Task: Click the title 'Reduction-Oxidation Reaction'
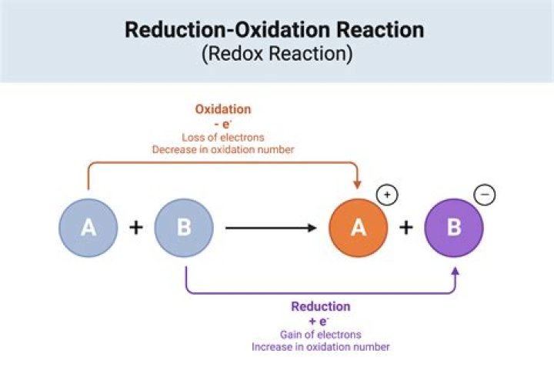pyautogui.click(x=274, y=31)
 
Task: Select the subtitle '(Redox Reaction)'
pyautogui.click(x=275, y=55)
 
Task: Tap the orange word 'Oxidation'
pyautogui.click(x=222, y=109)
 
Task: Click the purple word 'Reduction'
pyautogui.click(x=320, y=306)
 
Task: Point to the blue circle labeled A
pyautogui.click(x=88, y=228)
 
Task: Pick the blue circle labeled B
pyautogui.click(x=184, y=228)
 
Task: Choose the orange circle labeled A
pyautogui.click(x=358, y=228)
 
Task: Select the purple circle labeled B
pyautogui.click(x=454, y=228)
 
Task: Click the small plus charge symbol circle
pyautogui.click(x=388, y=195)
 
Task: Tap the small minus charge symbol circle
pyautogui.click(x=486, y=195)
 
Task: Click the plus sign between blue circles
pyautogui.click(x=136, y=228)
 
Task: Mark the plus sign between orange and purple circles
pyautogui.click(x=406, y=228)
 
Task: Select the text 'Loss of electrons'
pyautogui.click(x=222, y=137)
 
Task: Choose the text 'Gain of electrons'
pyautogui.click(x=320, y=334)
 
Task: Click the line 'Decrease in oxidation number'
pyautogui.click(x=222, y=149)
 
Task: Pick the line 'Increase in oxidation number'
pyautogui.click(x=320, y=347)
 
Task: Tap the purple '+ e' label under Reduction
pyautogui.click(x=319, y=321)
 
